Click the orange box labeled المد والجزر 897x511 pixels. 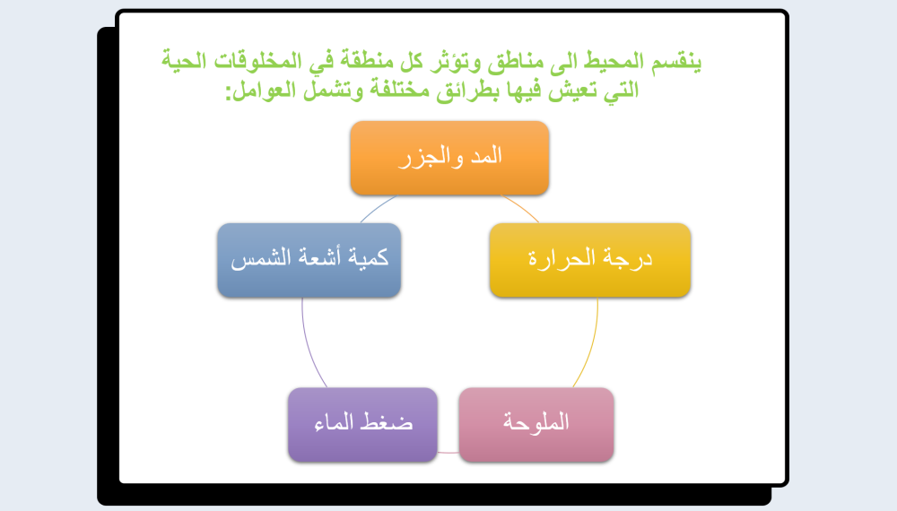coord(449,158)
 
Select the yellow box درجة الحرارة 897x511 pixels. coord(589,260)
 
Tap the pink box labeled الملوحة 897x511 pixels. coord(536,425)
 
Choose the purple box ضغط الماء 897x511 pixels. coord(362,425)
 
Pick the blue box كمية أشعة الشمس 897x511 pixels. coord(309,260)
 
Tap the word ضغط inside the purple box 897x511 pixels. coord(391,424)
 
